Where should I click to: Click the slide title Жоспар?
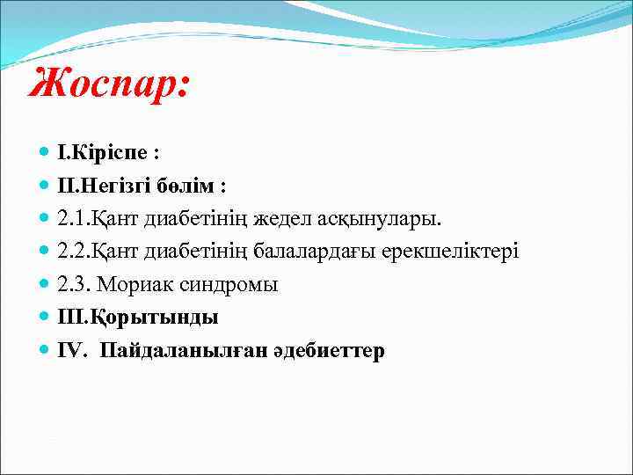pyautogui.click(x=108, y=85)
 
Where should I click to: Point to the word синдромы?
pyautogui.click(x=228, y=285)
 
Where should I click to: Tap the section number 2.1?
pyautogui.click(x=72, y=219)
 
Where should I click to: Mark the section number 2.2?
pyautogui.click(x=72, y=252)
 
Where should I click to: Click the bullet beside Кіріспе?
pyautogui.click(x=44, y=152)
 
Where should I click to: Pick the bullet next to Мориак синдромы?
pyautogui.click(x=44, y=284)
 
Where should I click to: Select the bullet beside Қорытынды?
pyautogui.click(x=44, y=317)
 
